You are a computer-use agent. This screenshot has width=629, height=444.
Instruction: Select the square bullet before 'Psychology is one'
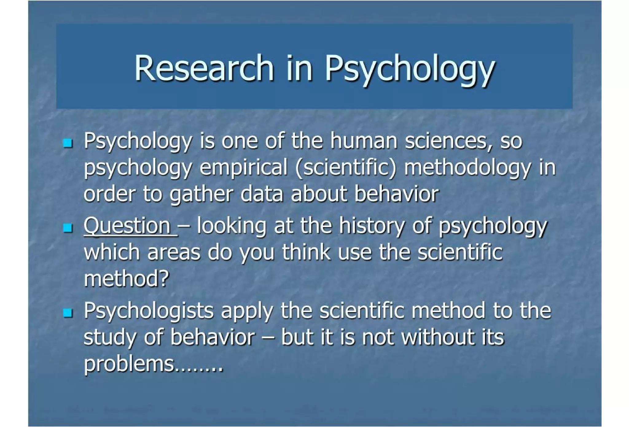coord(68,143)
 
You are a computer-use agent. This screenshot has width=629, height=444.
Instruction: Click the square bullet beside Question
coord(68,228)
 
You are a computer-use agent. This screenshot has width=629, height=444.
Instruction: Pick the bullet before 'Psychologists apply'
coord(68,313)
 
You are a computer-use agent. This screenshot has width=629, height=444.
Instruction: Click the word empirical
coord(244,168)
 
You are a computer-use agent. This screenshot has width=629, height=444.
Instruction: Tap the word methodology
coord(467,168)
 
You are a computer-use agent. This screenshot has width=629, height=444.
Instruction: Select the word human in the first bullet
coord(364,141)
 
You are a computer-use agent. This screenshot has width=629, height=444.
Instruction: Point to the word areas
coord(174,253)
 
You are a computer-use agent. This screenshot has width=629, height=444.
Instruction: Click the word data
coord(261,195)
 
